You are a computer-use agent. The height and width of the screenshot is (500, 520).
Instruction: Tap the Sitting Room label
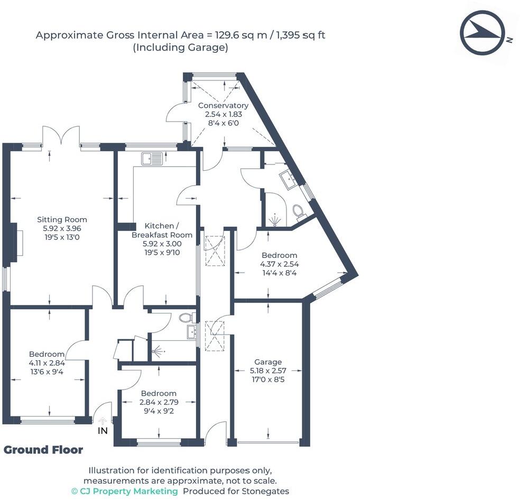click(x=62, y=219)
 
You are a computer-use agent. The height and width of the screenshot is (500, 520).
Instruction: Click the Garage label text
click(x=268, y=362)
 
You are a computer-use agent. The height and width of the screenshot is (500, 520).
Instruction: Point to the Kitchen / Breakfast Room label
click(x=162, y=230)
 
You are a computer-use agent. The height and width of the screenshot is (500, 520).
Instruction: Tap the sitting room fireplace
click(x=18, y=243)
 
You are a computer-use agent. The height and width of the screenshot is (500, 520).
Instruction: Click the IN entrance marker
click(x=103, y=430)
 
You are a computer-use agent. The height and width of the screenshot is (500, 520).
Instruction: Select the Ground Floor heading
click(x=43, y=450)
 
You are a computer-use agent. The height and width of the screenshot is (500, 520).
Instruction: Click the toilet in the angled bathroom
click(x=299, y=212)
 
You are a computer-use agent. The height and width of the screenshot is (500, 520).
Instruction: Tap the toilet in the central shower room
click(x=185, y=318)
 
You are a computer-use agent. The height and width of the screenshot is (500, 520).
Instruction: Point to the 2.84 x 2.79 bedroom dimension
click(x=159, y=402)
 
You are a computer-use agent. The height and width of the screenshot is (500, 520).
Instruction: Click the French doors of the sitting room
click(x=61, y=136)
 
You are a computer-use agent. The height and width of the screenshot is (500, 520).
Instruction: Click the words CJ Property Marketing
click(x=128, y=491)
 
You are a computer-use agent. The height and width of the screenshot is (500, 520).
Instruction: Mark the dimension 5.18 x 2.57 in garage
click(x=268, y=371)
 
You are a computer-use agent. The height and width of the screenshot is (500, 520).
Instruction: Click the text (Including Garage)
click(x=180, y=48)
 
